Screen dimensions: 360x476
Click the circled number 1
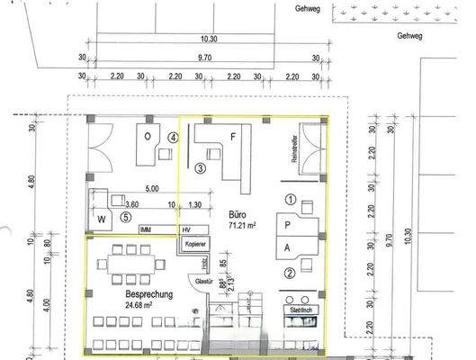tap(290, 199)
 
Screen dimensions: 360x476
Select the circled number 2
tap(290, 273)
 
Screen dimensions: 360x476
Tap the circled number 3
tap(201, 167)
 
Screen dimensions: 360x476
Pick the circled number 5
tap(126, 216)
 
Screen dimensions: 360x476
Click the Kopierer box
tap(196, 244)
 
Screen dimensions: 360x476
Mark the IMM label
tap(147, 229)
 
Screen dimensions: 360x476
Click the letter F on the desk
tap(233, 138)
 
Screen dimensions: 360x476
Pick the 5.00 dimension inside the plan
tap(150, 189)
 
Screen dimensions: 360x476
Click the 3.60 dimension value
tap(131, 203)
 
